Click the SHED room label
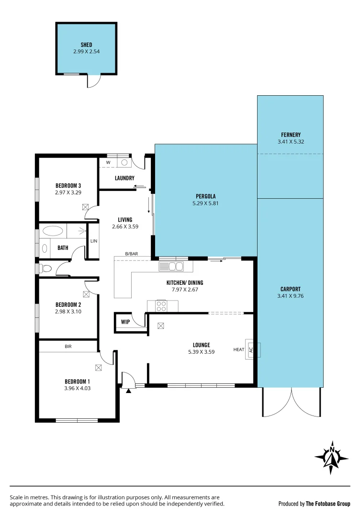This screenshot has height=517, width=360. click(86, 45)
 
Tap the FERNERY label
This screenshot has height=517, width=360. click(291, 135)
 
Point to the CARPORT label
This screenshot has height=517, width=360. click(291, 289)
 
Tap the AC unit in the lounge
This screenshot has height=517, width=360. click(251, 349)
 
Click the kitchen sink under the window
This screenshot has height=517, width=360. click(171, 266)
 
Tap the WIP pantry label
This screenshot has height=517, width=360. click(125, 322)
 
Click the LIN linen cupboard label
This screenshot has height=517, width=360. click(94, 241)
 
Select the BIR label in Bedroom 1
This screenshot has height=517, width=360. click(68, 346)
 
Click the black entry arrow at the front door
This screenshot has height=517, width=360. click(128, 391)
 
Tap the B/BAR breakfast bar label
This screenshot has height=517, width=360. click(132, 253)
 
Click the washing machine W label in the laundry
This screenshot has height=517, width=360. click(108, 162)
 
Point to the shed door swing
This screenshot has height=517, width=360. click(94, 81)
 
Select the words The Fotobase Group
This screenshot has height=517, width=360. click(328, 504)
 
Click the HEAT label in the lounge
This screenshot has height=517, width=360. click(239, 349)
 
